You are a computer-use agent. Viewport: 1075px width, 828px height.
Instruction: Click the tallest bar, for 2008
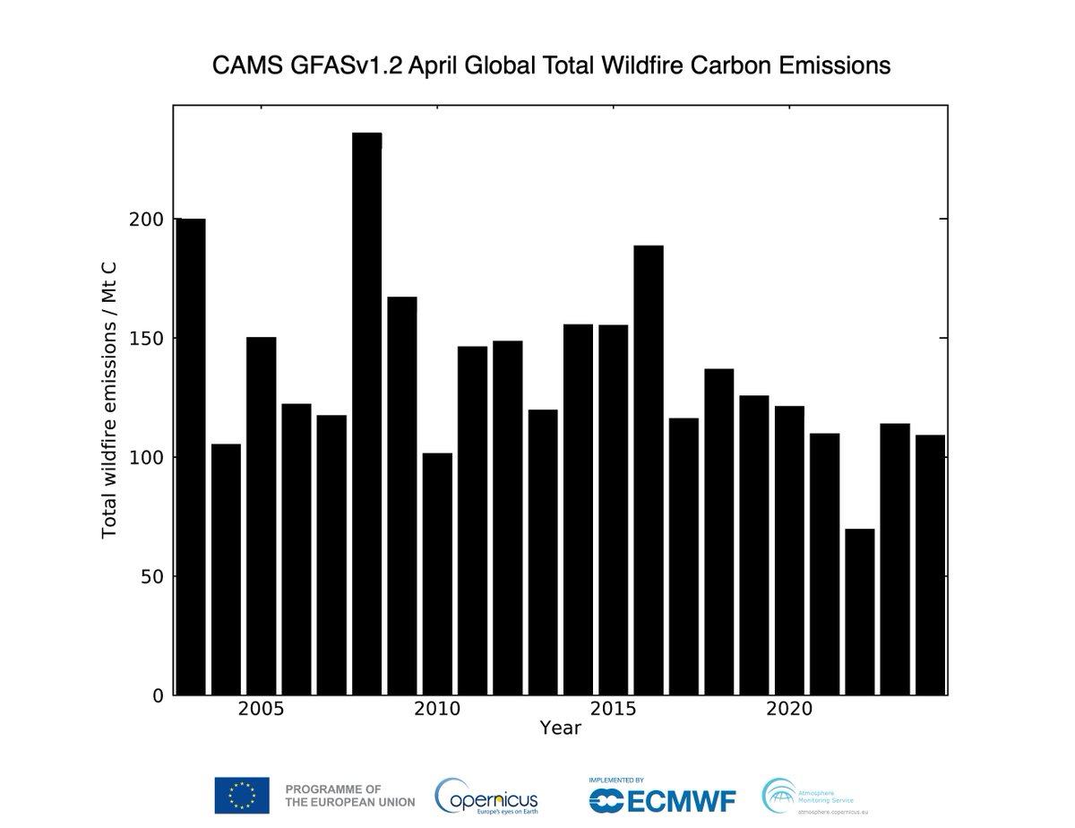(366, 412)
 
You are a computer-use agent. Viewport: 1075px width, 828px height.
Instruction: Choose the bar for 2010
(437, 574)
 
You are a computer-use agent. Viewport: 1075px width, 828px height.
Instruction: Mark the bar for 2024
(930, 565)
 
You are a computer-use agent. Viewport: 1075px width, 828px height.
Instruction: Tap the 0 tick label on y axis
(159, 695)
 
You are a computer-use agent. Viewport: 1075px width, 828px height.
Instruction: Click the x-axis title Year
(561, 729)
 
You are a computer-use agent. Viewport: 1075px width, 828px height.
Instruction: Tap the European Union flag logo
(242, 795)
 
